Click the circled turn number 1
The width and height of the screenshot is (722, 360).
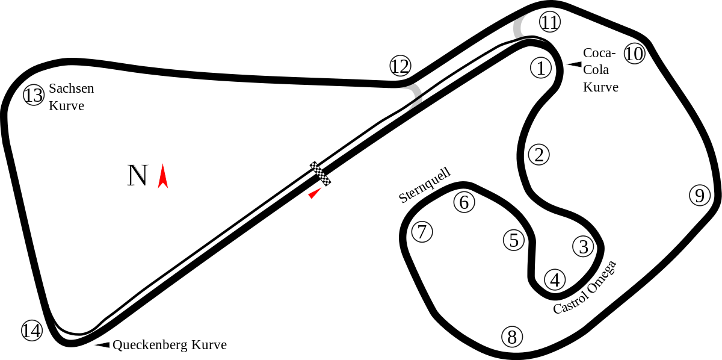click(540, 68)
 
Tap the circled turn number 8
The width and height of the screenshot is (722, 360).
click(512, 337)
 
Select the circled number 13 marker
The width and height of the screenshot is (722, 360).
click(34, 95)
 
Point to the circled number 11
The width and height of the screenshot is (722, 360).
click(550, 22)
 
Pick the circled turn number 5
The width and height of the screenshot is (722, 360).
click(514, 240)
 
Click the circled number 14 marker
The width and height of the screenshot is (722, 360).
click(32, 331)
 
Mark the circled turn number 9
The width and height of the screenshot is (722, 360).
click(700, 195)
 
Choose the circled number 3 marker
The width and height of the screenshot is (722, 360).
click(583, 246)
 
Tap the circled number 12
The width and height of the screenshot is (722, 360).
click(400, 66)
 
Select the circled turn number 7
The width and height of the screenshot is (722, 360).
click(422, 232)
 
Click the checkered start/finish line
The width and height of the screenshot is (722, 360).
click(320, 173)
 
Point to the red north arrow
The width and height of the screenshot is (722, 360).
click(163, 176)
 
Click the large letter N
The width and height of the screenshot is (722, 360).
click(138, 175)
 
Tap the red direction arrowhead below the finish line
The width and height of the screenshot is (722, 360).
click(315, 193)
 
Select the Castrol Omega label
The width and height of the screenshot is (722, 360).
click(585, 287)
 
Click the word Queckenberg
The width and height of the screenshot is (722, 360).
click(150, 345)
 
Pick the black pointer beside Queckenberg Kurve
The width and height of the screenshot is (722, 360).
click(102, 345)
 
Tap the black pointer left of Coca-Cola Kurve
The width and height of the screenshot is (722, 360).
click(574, 64)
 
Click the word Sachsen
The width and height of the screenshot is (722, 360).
click(71, 88)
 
